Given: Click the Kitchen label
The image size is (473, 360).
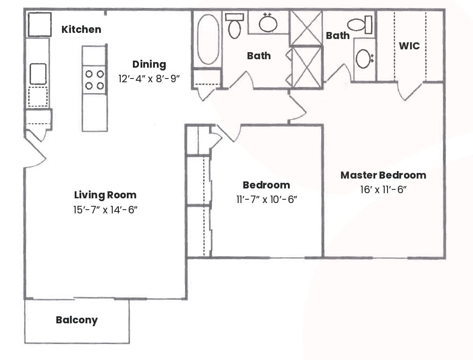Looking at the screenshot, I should (81, 30).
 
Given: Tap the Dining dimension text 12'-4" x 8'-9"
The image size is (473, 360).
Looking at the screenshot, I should (149, 78).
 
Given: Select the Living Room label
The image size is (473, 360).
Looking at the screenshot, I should (105, 195).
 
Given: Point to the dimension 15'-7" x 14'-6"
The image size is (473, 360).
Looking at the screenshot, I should (105, 209).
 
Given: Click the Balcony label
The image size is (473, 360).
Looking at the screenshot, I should (77, 321).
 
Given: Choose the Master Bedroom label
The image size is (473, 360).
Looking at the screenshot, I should (383, 175).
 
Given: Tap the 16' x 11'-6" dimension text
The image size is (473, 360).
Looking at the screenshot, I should (383, 190).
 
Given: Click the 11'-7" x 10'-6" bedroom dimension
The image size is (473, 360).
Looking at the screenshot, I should (266, 199).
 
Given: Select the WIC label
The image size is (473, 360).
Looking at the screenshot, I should (409, 46).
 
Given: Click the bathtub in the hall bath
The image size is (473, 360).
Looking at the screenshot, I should (208, 39).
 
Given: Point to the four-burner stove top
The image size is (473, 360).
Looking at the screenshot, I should (94, 80).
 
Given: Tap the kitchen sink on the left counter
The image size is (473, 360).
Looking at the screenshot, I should (38, 74).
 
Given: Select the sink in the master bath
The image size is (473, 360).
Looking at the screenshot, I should (364, 59).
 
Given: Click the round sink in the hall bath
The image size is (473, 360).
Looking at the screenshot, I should (268, 23).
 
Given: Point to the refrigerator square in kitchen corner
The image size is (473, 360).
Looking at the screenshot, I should (39, 24).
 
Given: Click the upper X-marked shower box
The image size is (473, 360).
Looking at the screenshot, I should (306, 28).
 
